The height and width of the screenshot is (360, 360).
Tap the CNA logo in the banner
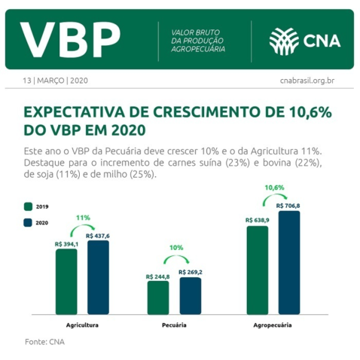click(304, 40)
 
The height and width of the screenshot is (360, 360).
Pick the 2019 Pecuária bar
click(158, 297)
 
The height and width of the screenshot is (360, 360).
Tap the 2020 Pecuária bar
click(190, 295)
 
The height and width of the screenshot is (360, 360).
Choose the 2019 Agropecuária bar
click(258, 270)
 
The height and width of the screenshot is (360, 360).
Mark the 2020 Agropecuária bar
click(288, 262)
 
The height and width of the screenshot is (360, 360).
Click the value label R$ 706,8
click(288, 206)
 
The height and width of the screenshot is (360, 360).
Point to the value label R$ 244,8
click(158, 276)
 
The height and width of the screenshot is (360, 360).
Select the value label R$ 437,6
click(97, 236)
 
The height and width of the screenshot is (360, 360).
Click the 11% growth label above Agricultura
click(83, 217)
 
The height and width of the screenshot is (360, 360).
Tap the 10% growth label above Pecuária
click(175, 248)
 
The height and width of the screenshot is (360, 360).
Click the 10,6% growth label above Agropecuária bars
click(274, 187)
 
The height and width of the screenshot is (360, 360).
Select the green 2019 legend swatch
click(28, 206)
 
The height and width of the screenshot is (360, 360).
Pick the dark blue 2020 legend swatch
click(28, 222)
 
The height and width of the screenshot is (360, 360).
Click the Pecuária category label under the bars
click(174, 325)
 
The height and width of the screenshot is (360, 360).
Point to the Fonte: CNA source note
click(44, 342)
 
